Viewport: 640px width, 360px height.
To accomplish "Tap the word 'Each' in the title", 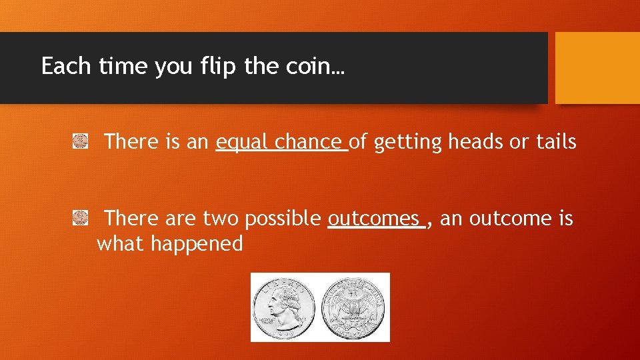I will (65, 67).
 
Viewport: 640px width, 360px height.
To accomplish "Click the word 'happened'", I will (197, 244).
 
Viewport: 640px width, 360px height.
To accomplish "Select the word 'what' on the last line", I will (121, 244).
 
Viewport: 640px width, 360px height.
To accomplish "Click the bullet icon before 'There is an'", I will (81, 141).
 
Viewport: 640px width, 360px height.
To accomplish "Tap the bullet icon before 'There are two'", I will (81, 217).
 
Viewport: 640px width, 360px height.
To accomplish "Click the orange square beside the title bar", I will (597, 67).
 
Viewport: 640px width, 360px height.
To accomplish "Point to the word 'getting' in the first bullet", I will (408, 142).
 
